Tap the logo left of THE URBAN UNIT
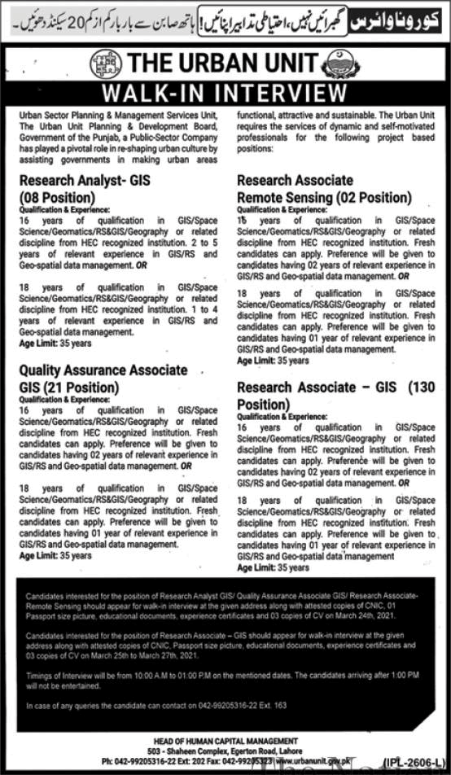pos(106,63)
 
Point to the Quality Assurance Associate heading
pos(103,370)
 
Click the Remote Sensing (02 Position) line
pos(325,197)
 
